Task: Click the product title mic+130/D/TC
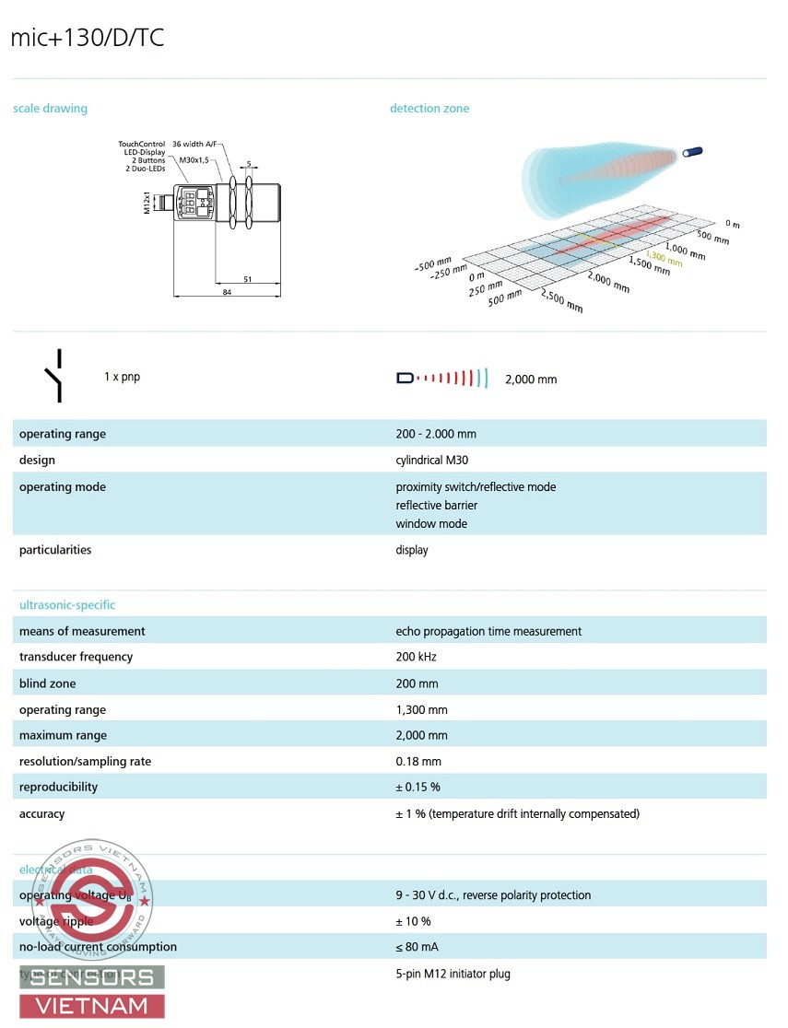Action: pyautogui.click(x=88, y=38)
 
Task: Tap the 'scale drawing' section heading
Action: pyautogui.click(x=50, y=109)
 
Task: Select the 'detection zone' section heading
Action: pyautogui.click(x=429, y=109)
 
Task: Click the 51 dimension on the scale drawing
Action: pyautogui.click(x=248, y=279)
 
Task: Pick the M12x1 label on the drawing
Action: pyautogui.click(x=147, y=202)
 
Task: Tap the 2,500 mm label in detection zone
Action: pyautogui.click(x=562, y=301)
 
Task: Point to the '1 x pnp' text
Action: pyautogui.click(x=122, y=377)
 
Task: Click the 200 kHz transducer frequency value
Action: pyautogui.click(x=416, y=657)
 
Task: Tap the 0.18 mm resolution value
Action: pyautogui.click(x=418, y=762)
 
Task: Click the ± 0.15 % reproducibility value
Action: pyautogui.click(x=418, y=788)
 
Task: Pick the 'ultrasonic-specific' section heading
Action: pyautogui.click(x=67, y=605)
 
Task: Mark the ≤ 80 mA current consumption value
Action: pyautogui.click(x=417, y=947)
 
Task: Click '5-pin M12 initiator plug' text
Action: pyautogui.click(x=453, y=974)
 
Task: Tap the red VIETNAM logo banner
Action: pyautogui.click(x=92, y=1006)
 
